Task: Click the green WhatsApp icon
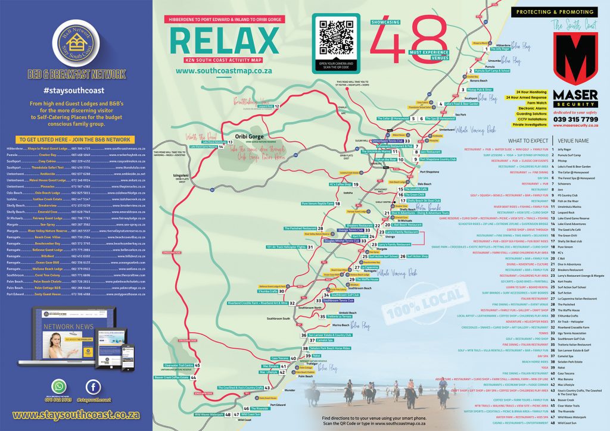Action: pos(59,385)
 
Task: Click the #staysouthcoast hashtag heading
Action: pos(74,90)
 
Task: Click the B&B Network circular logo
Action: pos(74,42)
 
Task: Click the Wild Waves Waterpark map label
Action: pos(209,414)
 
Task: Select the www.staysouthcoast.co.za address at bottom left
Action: pos(76,414)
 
